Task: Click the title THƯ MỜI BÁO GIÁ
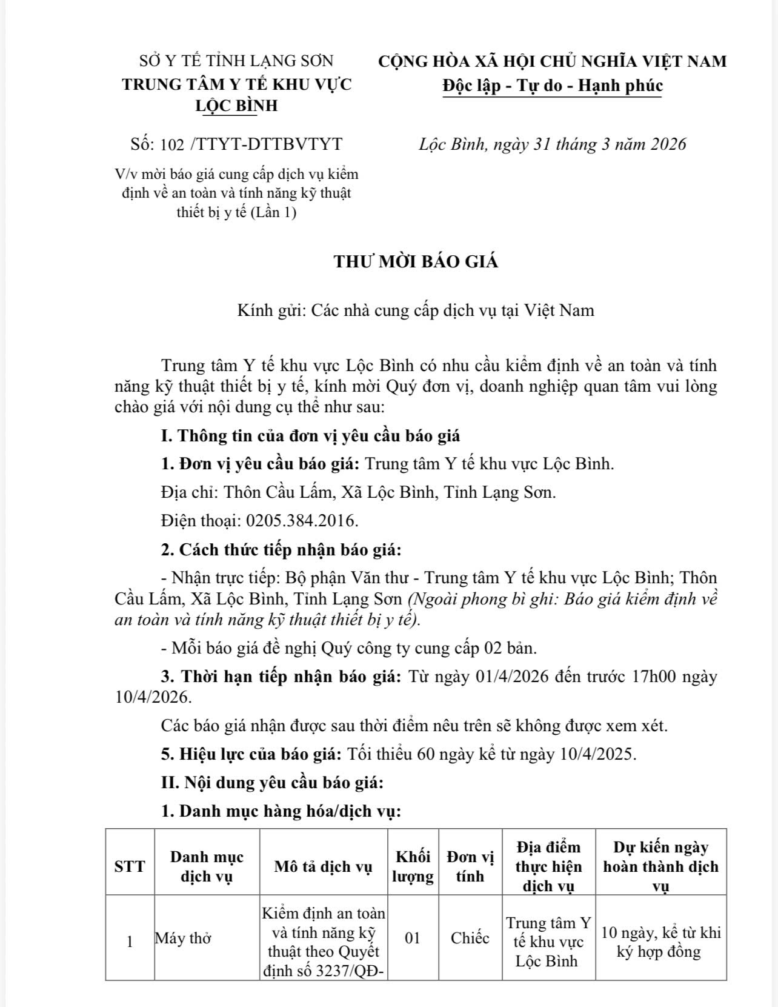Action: [x=416, y=262]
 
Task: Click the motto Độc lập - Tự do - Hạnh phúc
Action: [x=552, y=85]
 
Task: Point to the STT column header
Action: [x=130, y=866]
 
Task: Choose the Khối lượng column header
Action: [x=413, y=866]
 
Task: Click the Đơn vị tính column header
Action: [x=470, y=866]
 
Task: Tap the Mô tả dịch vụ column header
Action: [x=323, y=866]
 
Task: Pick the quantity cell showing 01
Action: [x=413, y=938]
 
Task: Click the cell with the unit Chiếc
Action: [x=470, y=938]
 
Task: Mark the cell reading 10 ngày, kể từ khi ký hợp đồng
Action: [x=660, y=942]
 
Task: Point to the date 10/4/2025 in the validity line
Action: [x=596, y=754]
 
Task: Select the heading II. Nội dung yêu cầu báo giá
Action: [x=272, y=782]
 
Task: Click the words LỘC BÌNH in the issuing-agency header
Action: [x=236, y=105]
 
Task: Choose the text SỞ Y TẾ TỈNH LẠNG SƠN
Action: [x=236, y=61]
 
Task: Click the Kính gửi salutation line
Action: [x=416, y=310]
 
